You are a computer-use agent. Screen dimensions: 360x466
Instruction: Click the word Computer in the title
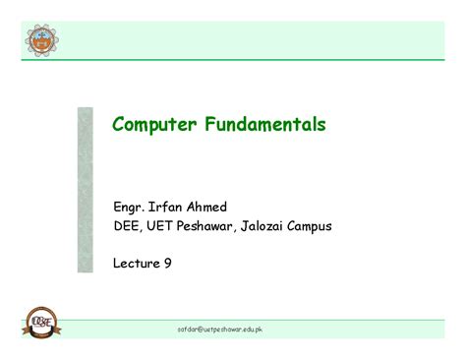point(151,126)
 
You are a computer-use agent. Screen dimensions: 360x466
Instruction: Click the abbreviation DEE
point(128,227)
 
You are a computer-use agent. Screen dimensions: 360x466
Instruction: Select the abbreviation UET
point(163,227)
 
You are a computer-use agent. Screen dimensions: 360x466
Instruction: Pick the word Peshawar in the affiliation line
point(209,227)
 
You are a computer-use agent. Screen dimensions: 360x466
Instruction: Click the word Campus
point(314,227)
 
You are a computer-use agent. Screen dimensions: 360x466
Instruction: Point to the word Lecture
point(137,263)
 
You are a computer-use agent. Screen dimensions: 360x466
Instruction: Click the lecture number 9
point(167,263)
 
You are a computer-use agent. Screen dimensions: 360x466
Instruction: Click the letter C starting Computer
point(119,126)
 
